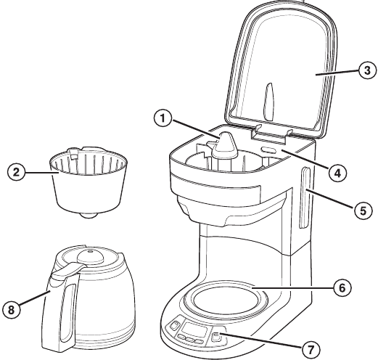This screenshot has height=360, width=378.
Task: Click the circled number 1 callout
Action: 163,118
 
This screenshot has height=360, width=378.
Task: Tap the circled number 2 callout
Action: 16,172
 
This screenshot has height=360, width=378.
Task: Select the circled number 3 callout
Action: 367,70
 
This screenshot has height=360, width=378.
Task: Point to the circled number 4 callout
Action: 337,173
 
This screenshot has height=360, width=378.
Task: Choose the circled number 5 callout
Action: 363,210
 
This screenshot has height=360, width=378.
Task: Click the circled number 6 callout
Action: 342,287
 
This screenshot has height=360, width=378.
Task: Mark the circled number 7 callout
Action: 311,349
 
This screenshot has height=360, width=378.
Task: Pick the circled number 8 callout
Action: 12,309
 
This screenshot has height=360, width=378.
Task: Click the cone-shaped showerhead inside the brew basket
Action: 224,144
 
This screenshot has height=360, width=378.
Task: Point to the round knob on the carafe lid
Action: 90,256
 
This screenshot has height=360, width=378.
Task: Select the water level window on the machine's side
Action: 305,197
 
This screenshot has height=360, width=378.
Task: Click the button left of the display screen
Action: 174,324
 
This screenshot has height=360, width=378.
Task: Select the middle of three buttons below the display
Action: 189,340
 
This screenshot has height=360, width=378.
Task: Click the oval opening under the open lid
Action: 268,150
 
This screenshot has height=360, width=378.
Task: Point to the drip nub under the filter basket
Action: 89,215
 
